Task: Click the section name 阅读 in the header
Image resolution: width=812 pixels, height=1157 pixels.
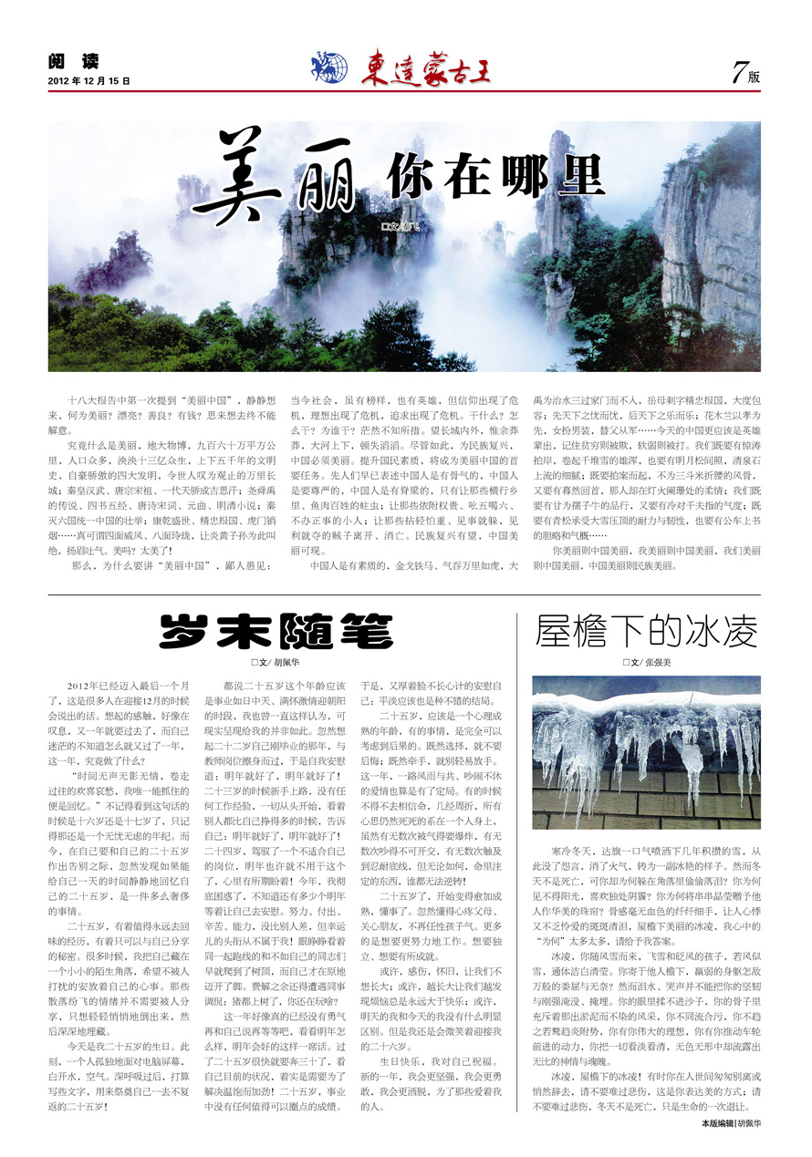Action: pos(73,62)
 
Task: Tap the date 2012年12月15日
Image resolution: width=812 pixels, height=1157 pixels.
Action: pos(88,81)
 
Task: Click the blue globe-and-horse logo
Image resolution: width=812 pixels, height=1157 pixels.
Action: pos(329,67)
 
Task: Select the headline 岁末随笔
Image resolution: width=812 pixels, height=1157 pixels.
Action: pos(276,631)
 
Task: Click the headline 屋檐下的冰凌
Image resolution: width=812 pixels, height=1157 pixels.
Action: pos(646,630)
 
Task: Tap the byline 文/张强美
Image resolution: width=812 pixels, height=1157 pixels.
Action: pos(647,663)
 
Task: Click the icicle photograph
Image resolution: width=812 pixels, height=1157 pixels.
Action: pos(646,752)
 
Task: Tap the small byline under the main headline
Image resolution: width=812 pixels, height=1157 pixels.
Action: pos(402,224)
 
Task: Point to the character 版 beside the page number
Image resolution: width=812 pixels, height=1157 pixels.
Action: pos(755,77)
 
